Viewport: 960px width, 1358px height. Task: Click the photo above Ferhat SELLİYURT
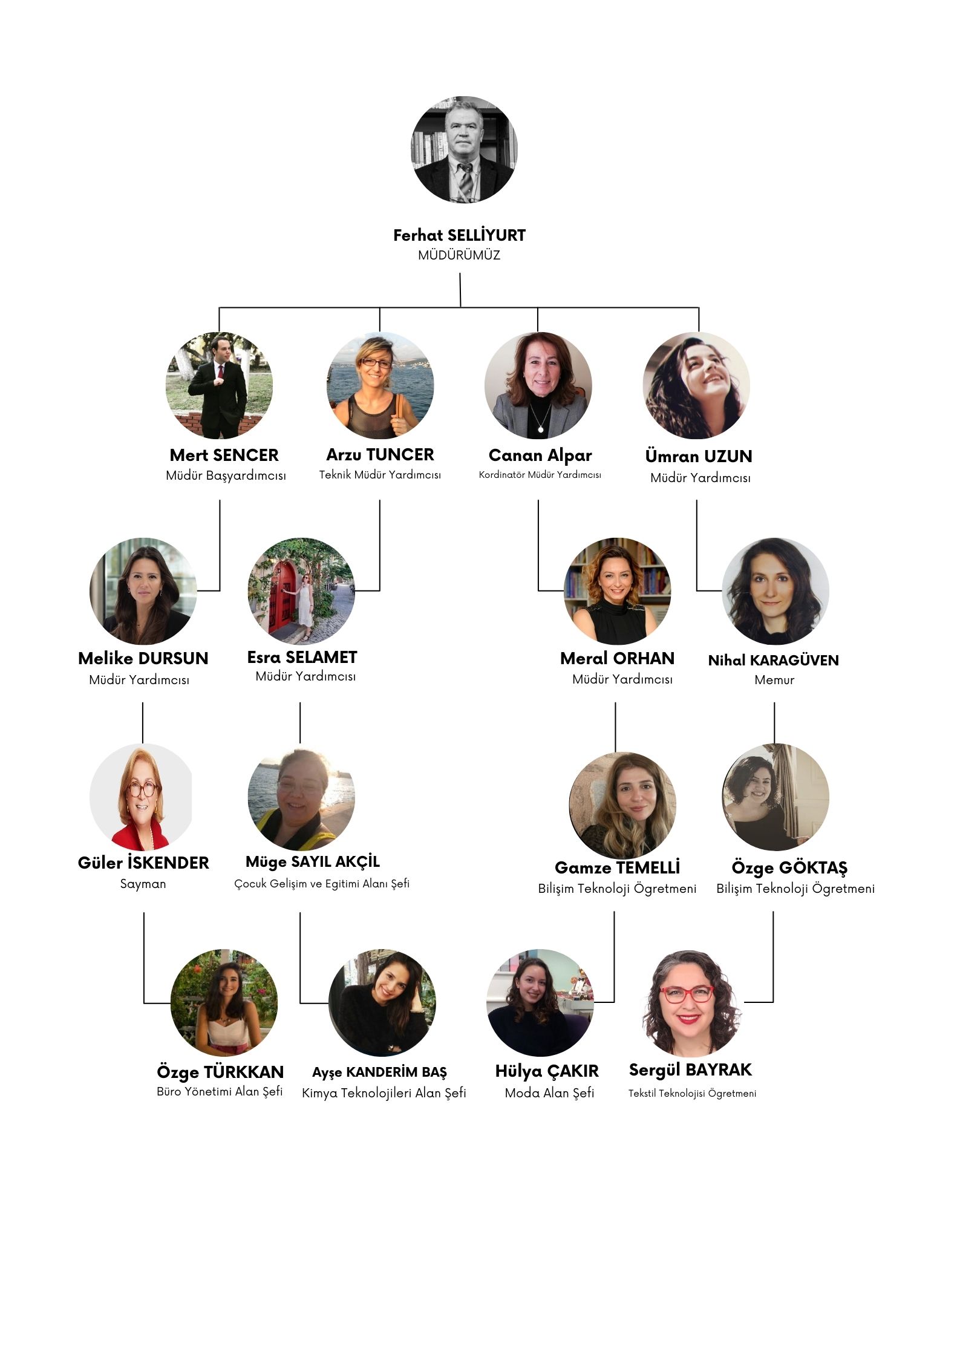pyautogui.click(x=464, y=149)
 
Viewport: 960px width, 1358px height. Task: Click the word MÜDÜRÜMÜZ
pyautogui.click(x=459, y=255)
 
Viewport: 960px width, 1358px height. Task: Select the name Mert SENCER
pyautogui.click(x=224, y=455)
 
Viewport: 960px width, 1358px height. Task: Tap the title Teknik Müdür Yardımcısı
pyautogui.click(x=380, y=475)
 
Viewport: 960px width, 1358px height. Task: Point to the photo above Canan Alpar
pyautogui.click(x=538, y=385)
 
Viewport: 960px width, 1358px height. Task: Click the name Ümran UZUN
pyautogui.click(x=699, y=455)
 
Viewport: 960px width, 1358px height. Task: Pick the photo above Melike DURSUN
pyautogui.click(x=143, y=591)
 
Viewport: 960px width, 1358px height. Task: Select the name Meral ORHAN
pyautogui.click(x=617, y=658)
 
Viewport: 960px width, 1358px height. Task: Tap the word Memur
pyautogui.click(x=774, y=680)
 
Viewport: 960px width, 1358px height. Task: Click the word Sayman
pyautogui.click(x=143, y=884)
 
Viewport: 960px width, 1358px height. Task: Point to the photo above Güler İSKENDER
pyautogui.click(x=142, y=797)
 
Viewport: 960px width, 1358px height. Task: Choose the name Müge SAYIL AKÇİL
pyautogui.click(x=313, y=861)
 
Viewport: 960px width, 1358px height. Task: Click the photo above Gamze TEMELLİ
pyautogui.click(x=622, y=805)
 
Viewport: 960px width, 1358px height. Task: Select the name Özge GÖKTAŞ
pyautogui.click(x=789, y=868)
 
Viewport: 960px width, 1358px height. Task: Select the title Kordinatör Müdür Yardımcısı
pyautogui.click(x=540, y=475)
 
